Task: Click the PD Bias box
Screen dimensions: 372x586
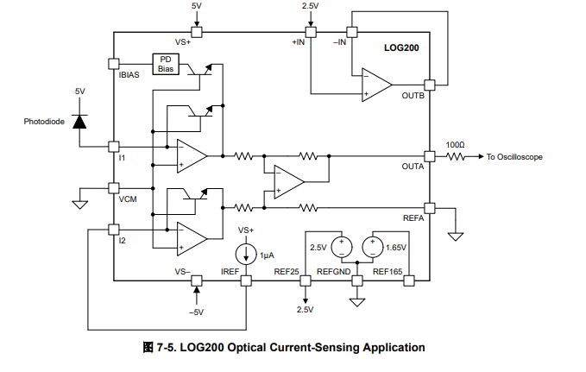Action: (166, 64)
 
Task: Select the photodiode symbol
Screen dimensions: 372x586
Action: (79, 121)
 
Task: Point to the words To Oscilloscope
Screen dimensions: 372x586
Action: (515, 157)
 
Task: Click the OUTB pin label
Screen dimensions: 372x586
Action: (413, 95)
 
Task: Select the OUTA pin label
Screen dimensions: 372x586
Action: (413, 167)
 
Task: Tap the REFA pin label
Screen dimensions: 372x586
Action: (414, 218)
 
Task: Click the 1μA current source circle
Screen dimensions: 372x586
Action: (245, 255)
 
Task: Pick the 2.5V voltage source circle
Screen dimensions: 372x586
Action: (341, 247)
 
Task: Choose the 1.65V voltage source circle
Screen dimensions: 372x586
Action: (374, 247)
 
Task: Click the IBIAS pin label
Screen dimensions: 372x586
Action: (129, 75)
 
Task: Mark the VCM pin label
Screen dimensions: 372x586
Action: (128, 199)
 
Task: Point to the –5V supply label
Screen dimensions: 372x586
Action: (196, 312)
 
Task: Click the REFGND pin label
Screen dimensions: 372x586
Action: (332, 271)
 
